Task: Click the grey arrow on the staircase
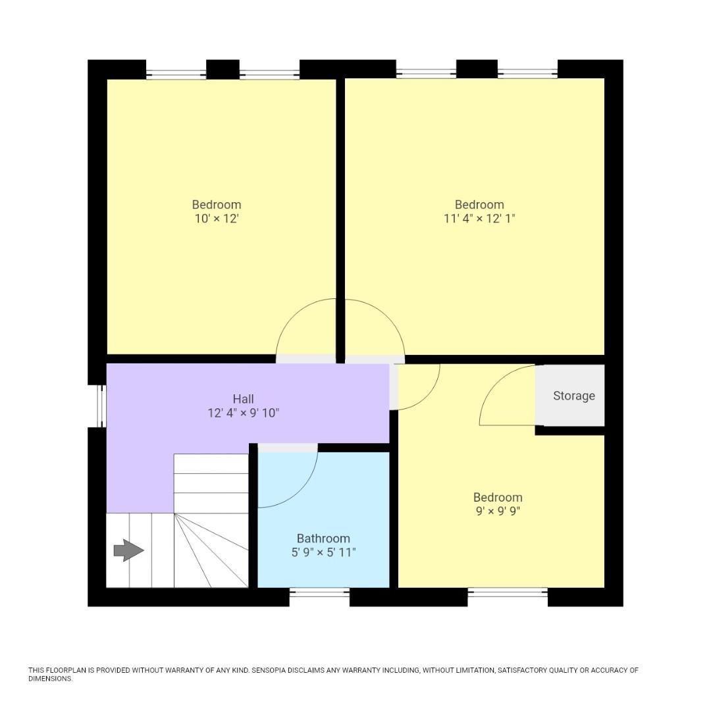(128, 550)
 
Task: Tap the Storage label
(573, 396)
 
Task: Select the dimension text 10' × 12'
(216, 219)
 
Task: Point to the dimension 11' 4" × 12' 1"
(479, 219)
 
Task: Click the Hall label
(243, 399)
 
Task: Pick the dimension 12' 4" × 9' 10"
(243, 413)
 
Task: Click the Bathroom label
(323, 539)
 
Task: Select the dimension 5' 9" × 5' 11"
(323, 552)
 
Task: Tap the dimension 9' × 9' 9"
(498, 512)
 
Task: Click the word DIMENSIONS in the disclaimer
(49, 679)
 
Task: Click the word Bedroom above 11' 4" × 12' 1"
(479, 205)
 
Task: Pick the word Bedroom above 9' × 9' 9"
(498, 498)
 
